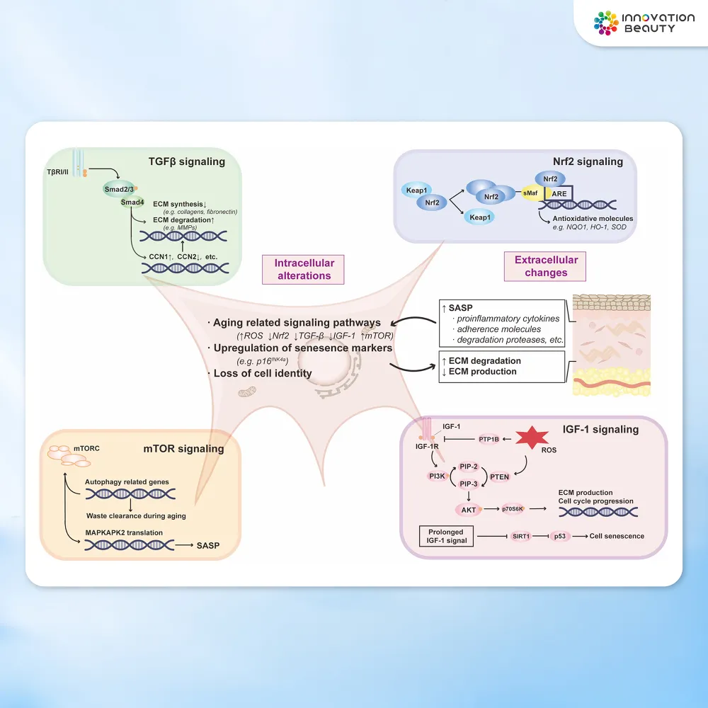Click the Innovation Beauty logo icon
click(606, 23)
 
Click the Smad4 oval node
click(132, 202)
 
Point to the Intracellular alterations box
click(304, 269)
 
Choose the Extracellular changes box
click(546, 266)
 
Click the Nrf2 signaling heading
click(588, 161)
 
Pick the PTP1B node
click(489, 439)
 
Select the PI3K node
click(437, 476)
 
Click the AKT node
click(468, 509)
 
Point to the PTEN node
click(500, 476)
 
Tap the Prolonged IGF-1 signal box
click(445, 536)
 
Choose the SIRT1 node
click(521, 536)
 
